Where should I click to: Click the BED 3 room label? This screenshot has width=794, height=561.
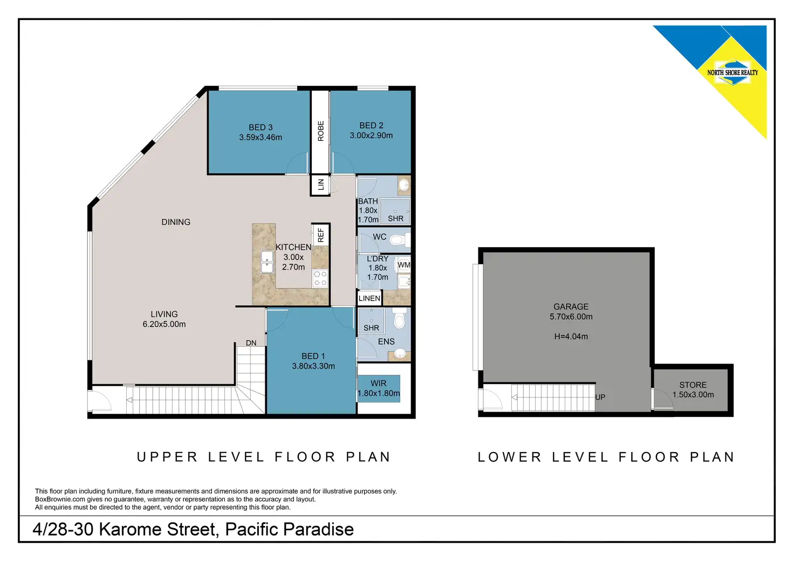[x=261, y=127]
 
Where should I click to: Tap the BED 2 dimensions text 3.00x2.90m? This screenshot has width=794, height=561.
[x=371, y=135]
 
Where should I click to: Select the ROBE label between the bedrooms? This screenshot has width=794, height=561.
[x=321, y=131]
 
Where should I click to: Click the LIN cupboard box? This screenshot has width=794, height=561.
[x=320, y=184]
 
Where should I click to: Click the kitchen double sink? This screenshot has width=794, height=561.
[x=267, y=262]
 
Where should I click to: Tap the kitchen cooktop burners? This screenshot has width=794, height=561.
[x=320, y=278]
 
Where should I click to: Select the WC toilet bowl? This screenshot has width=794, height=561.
[x=400, y=241]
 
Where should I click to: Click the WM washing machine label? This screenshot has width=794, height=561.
[x=403, y=265]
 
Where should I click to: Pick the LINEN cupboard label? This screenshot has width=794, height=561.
[x=369, y=298]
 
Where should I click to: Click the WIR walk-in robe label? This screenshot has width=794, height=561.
[x=378, y=383]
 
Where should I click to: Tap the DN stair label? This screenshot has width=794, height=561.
[x=251, y=343]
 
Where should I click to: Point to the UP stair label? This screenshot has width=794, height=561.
[x=600, y=397]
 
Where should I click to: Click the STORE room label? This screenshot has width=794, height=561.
[x=693, y=385]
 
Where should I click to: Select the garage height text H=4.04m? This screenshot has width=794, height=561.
[x=571, y=336]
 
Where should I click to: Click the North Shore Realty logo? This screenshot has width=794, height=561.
[x=733, y=73]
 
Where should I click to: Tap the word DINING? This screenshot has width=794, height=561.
[x=176, y=222]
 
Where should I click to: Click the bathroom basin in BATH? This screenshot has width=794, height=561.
[x=403, y=184]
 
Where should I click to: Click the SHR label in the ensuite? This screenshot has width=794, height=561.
[x=371, y=328]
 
